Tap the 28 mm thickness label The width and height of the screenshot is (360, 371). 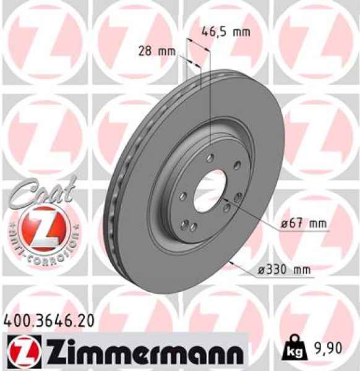pyautogui.click(x=155, y=51)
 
